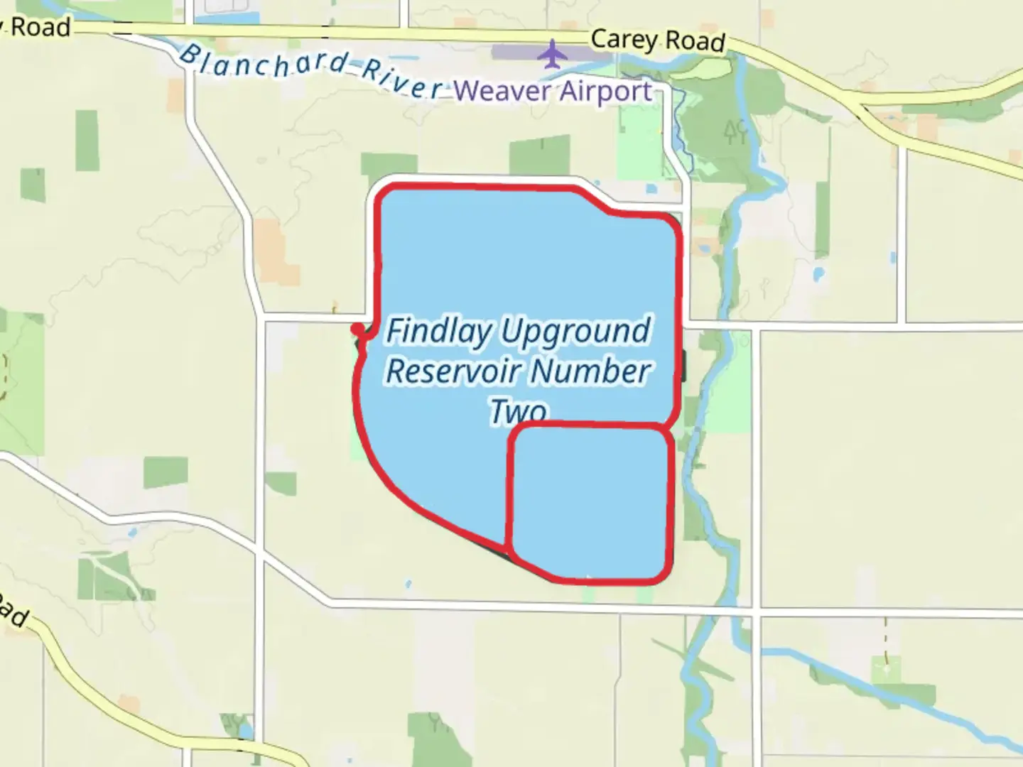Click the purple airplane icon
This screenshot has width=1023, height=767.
[551, 54]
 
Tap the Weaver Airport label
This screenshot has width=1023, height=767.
[553, 91]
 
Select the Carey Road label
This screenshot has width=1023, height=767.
[657, 40]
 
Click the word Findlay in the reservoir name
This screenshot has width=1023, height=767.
[438, 332]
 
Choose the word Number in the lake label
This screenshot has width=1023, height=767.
[590, 371]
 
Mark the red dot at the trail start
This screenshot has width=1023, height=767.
[356, 328]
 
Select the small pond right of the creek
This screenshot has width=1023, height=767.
[818, 273]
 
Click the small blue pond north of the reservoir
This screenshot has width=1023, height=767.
[651, 190]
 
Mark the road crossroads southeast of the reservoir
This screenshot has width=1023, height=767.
[757, 609]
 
